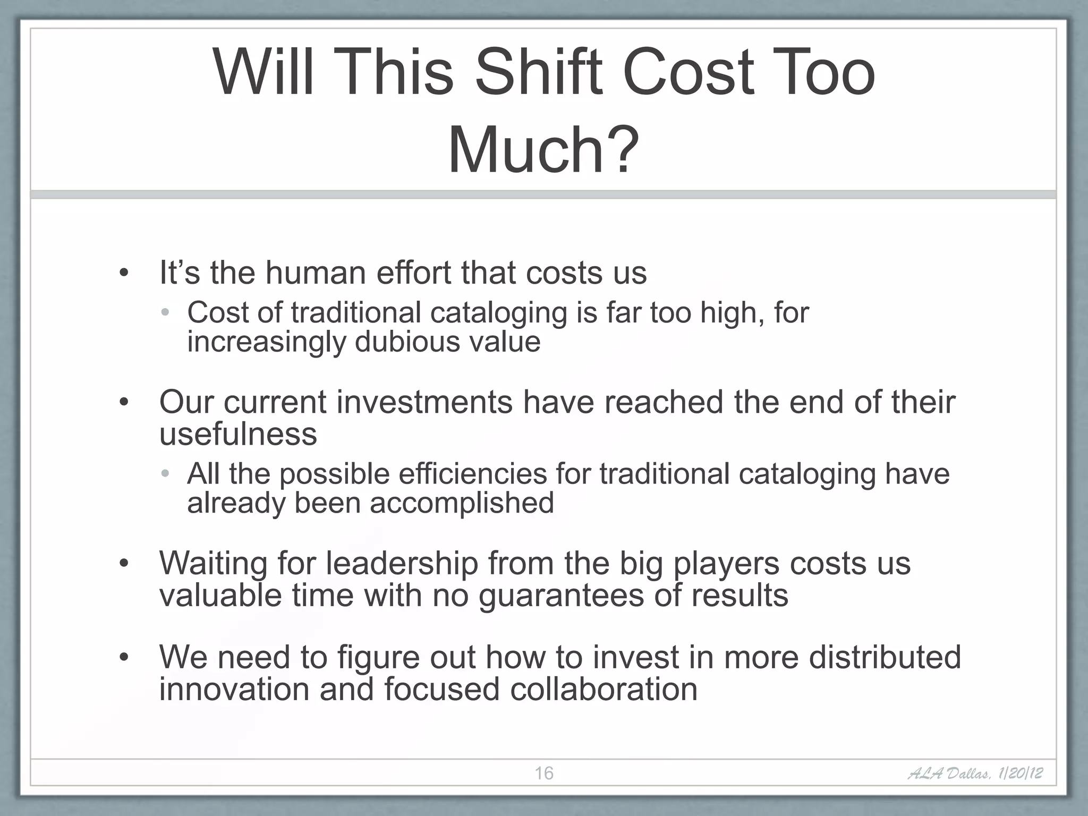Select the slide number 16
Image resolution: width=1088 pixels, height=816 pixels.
pos(543,773)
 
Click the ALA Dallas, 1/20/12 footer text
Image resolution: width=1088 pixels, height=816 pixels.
pos(974,773)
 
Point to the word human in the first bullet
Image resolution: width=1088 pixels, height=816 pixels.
pos(316,273)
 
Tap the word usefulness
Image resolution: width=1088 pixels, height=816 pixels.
pos(238,433)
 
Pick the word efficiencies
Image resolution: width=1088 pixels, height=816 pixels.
pos(472,473)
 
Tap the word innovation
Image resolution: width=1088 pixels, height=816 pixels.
pos(234,689)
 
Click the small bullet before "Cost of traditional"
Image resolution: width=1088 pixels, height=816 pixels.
pos(165,312)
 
